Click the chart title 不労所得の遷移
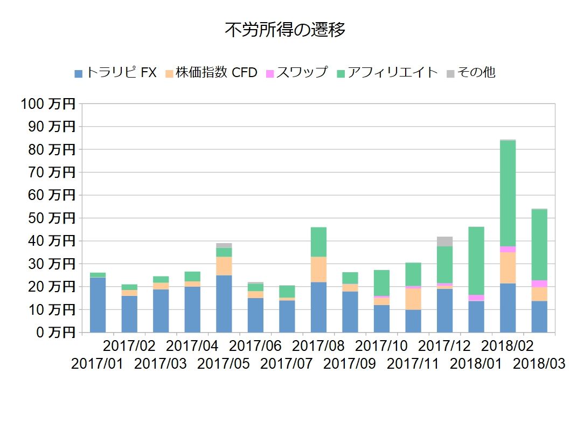pyautogui.click(x=284, y=30)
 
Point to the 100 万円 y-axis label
pyautogui.click(x=48, y=104)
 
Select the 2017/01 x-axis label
pyautogui.click(x=98, y=364)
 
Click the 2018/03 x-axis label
pyautogui.click(x=539, y=364)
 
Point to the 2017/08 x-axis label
pyautogui.click(x=318, y=345)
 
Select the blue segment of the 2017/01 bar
pyautogui.click(x=98, y=305)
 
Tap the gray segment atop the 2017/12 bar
pyautogui.click(x=444, y=241)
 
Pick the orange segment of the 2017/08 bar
pyautogui.click(x=318, y=269)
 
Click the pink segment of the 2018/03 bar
pyautogui.click(x=539, y=284)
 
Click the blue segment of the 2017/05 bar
pyautogui.click(x=224, y=303)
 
